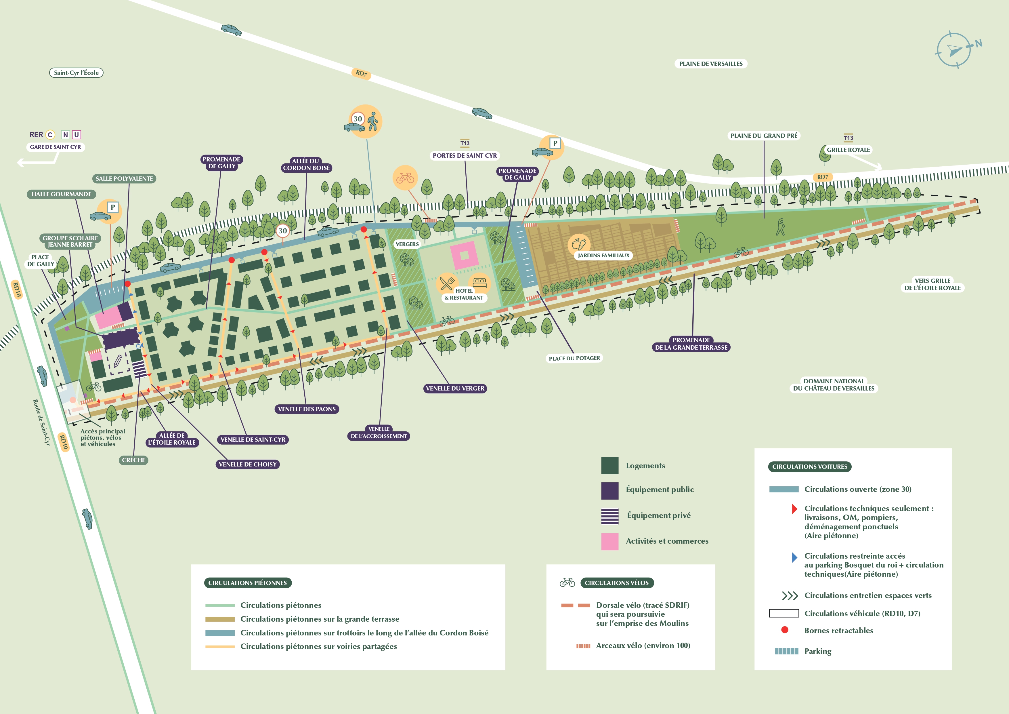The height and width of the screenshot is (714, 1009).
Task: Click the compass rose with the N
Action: [x=953, y=50]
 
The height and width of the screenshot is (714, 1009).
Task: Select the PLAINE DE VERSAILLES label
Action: [x=711, y=64]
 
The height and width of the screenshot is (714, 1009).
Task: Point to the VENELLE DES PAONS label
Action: [x=307, y=409]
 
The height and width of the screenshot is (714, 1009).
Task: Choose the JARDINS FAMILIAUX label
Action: [x=603, y=256]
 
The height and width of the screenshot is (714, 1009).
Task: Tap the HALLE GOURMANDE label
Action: [x=62, y=194]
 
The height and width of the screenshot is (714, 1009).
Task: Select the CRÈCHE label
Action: [x=133, y=460]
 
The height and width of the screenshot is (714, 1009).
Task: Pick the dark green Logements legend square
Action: [x=609, y=466]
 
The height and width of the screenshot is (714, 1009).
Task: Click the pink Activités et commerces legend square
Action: [x=609, y=541]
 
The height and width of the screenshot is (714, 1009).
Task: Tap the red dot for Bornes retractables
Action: [x=784, y=630]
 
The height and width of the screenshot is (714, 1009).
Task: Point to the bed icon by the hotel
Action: [x=479, y=282]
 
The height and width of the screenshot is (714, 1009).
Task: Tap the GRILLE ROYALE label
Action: [x=848, y=149]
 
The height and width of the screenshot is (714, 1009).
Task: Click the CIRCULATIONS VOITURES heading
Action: [x=809, y=467]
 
